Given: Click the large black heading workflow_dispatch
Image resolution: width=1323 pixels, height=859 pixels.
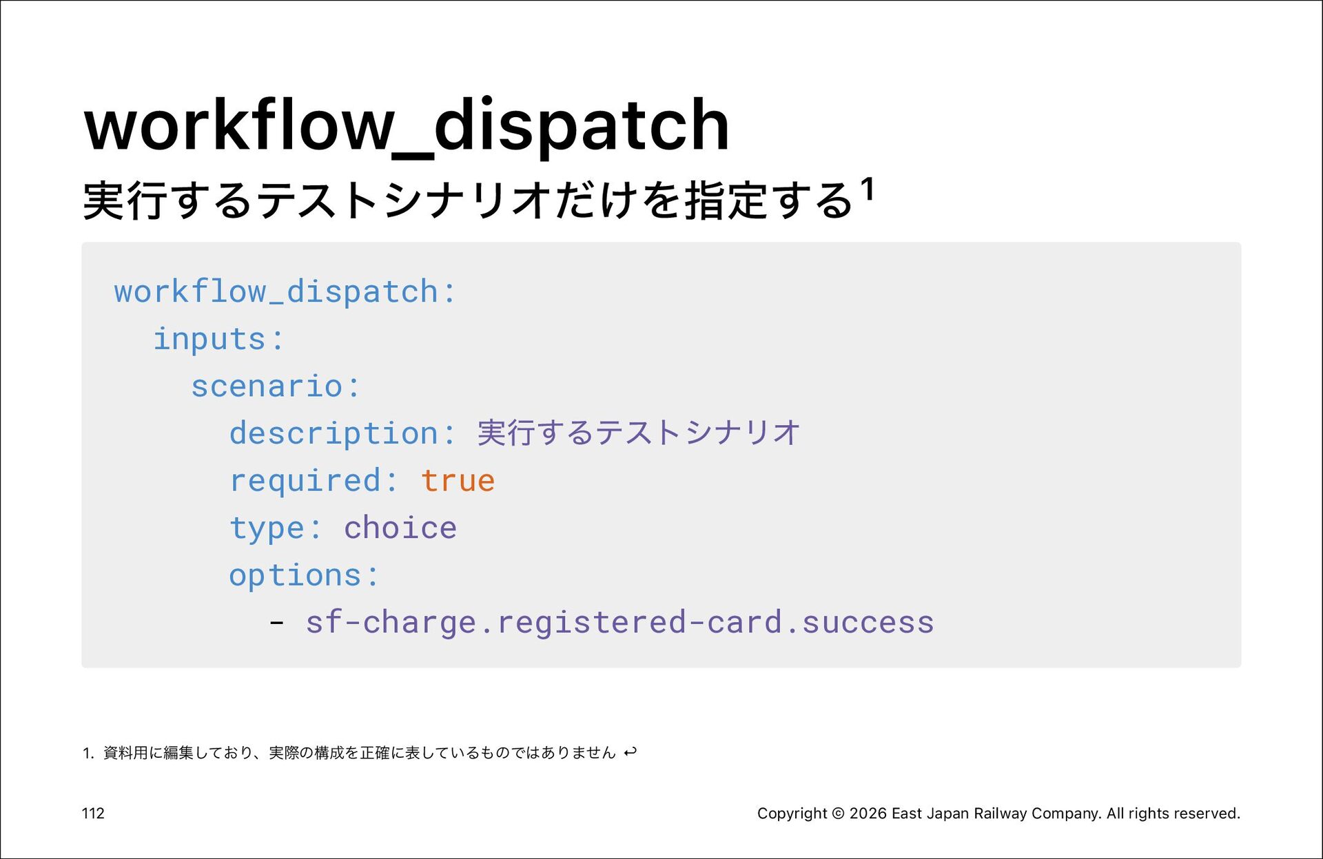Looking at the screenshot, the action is click(x=407, y=126).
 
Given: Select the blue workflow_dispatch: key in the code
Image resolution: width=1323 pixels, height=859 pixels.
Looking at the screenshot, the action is click(x=285, y=292).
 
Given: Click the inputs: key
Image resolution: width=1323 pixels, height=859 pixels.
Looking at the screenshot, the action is click(x=218, y=339).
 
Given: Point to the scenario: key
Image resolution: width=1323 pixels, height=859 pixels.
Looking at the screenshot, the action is click(x=275, y=386).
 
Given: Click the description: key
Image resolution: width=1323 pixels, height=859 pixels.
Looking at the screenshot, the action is click(x=342, y=434).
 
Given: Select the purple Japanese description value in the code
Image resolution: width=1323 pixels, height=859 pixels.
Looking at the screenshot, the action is click(x=639, y=433).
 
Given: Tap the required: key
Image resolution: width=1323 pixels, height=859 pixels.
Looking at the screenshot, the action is click(x=314, y=482).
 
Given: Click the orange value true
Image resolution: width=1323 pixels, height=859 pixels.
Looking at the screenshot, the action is click(x=458, y=481).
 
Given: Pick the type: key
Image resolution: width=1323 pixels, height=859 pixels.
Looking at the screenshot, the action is click(x=275, y=529).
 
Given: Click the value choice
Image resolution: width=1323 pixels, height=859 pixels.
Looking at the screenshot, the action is click(x=400, y=528).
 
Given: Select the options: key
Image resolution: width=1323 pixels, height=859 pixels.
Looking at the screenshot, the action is click(x=304, y=576).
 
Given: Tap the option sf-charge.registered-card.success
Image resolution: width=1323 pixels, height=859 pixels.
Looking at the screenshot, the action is click(x=619, y=622).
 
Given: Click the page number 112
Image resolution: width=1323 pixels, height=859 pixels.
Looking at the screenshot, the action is click(x=93, y=814).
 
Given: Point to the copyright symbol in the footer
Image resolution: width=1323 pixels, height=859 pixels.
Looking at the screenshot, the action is click(x=839, y=814).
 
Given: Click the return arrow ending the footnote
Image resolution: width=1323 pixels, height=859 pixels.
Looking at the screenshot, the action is click(x=630, y=752).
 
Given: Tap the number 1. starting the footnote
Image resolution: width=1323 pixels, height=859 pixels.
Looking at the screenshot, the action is click(x=88, y=753).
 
